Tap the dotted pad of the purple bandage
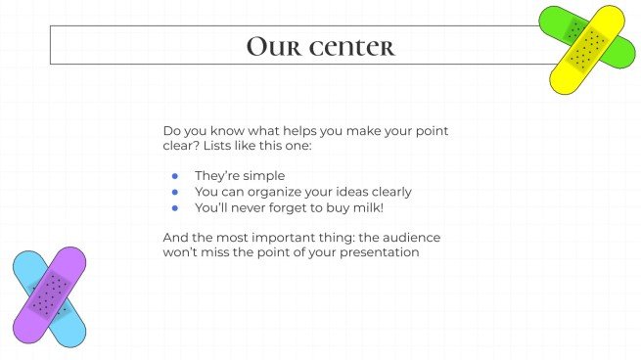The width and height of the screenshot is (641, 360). tap(48, 292)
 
